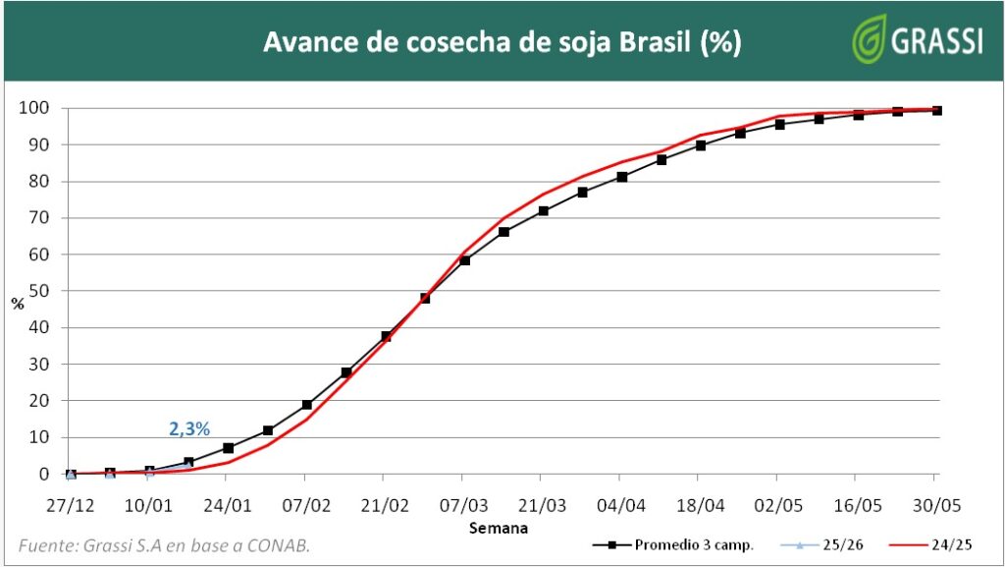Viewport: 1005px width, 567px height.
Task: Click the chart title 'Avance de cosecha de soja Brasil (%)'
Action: click(502, 42)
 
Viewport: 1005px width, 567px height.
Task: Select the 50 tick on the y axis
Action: click(39, 291)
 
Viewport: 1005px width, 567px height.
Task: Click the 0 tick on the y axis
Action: click(44, 474)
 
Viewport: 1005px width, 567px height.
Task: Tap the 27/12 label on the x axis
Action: click(70, 502)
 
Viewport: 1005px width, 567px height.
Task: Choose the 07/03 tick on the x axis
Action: click(463, 502)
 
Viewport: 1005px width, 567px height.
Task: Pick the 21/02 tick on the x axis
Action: click(385, 502)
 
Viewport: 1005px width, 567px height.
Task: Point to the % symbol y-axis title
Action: click(18, 304)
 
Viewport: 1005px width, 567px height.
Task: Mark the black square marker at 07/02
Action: click(306, 405)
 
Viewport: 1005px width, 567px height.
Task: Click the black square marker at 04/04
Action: click(622, 177)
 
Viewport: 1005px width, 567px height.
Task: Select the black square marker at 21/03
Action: click(543, 211)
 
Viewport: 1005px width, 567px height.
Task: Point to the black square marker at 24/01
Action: click(228, 448)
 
